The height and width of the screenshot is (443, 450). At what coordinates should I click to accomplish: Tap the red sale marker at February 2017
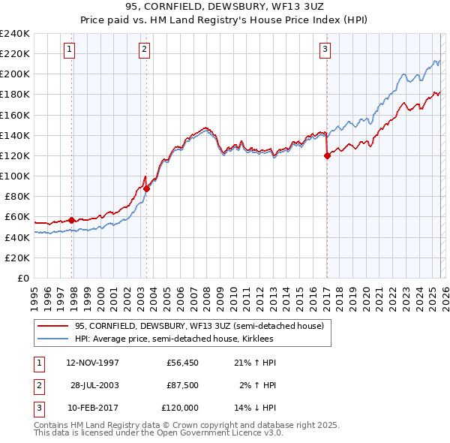[327, 156]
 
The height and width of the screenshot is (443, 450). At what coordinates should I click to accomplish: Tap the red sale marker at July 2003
[147, 189]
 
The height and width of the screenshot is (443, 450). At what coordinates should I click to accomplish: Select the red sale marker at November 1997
[72, 220]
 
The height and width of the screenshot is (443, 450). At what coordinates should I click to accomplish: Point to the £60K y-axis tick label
[16, 217]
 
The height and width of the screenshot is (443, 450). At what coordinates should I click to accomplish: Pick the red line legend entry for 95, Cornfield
[199, 326]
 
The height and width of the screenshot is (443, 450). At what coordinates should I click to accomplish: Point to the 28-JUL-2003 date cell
[94, 385]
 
